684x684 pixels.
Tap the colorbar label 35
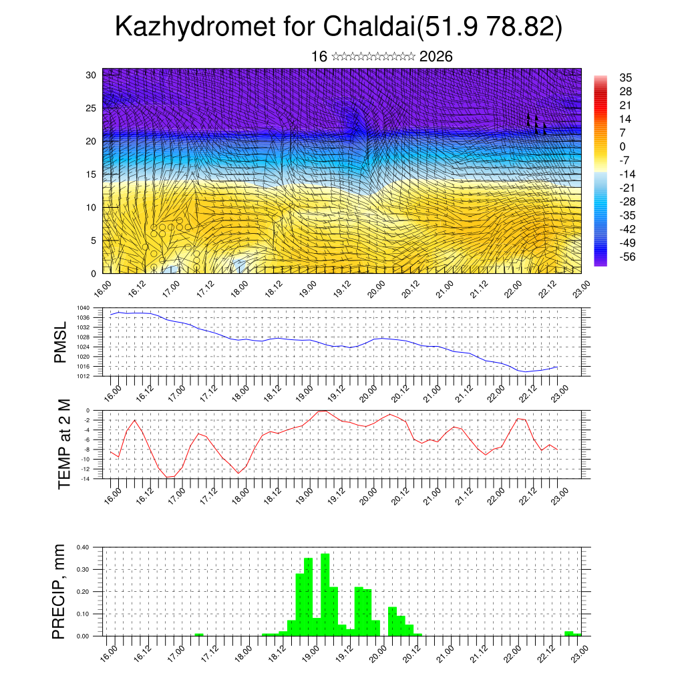[626, 77]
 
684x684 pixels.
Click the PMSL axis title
[61, 343]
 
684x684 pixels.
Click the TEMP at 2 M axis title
[64, 444]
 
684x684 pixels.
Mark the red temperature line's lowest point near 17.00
[170, 477]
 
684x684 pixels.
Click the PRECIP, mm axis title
[61, 590]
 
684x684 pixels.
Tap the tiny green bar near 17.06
[198, 634]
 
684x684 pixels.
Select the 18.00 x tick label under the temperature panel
[240, 494]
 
